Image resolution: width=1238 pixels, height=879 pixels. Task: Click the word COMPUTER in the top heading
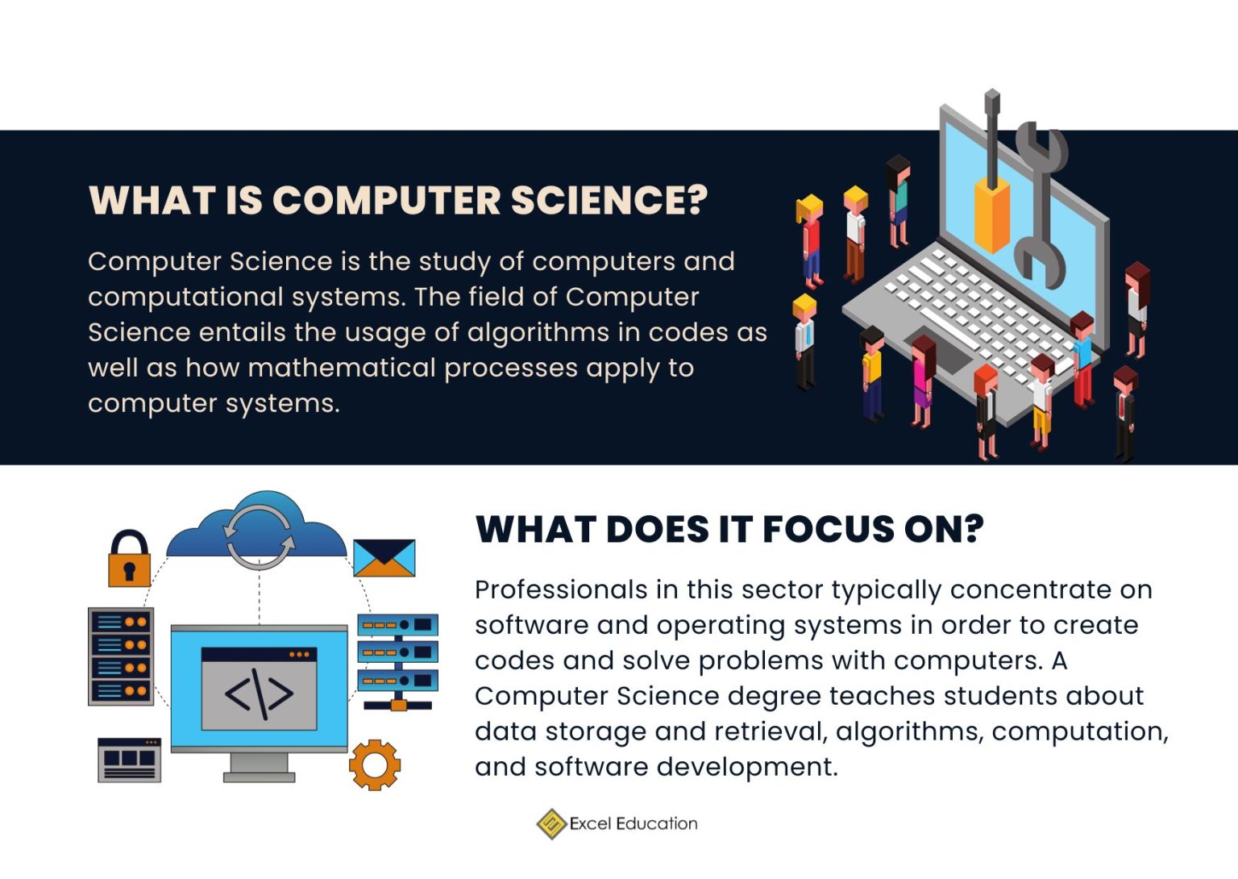(x=386, y=200)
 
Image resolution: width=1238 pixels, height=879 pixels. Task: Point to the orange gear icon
(x=374, y=764)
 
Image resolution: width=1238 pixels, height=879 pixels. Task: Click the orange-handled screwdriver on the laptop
(x=991, y=185)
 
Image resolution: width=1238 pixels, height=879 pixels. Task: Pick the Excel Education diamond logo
(x=551, y=823)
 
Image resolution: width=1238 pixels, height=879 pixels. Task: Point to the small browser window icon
(x=129, y=760)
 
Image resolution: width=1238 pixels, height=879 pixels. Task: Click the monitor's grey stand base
(x=259, y=777)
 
